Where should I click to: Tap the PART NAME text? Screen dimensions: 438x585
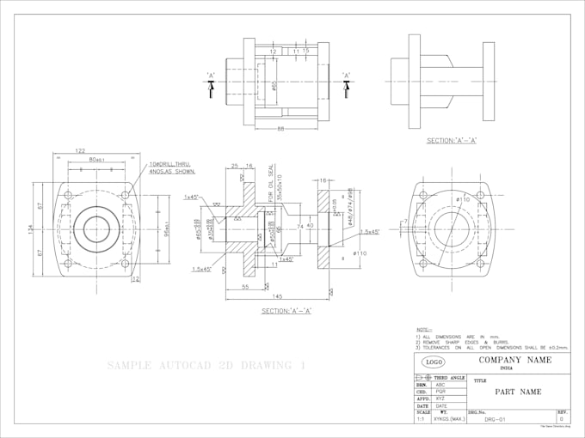517,392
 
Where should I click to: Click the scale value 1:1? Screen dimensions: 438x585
419,419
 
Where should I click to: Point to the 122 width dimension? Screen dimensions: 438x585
80,150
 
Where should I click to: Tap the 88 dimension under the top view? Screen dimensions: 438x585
280,129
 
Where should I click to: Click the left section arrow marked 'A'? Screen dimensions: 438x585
212,78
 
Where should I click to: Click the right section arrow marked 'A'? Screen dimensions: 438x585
347,78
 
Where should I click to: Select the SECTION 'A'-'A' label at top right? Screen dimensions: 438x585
452,140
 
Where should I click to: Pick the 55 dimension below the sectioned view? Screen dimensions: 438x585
245,286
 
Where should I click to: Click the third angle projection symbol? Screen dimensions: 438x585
427,378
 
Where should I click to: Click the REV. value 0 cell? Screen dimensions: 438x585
561,419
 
